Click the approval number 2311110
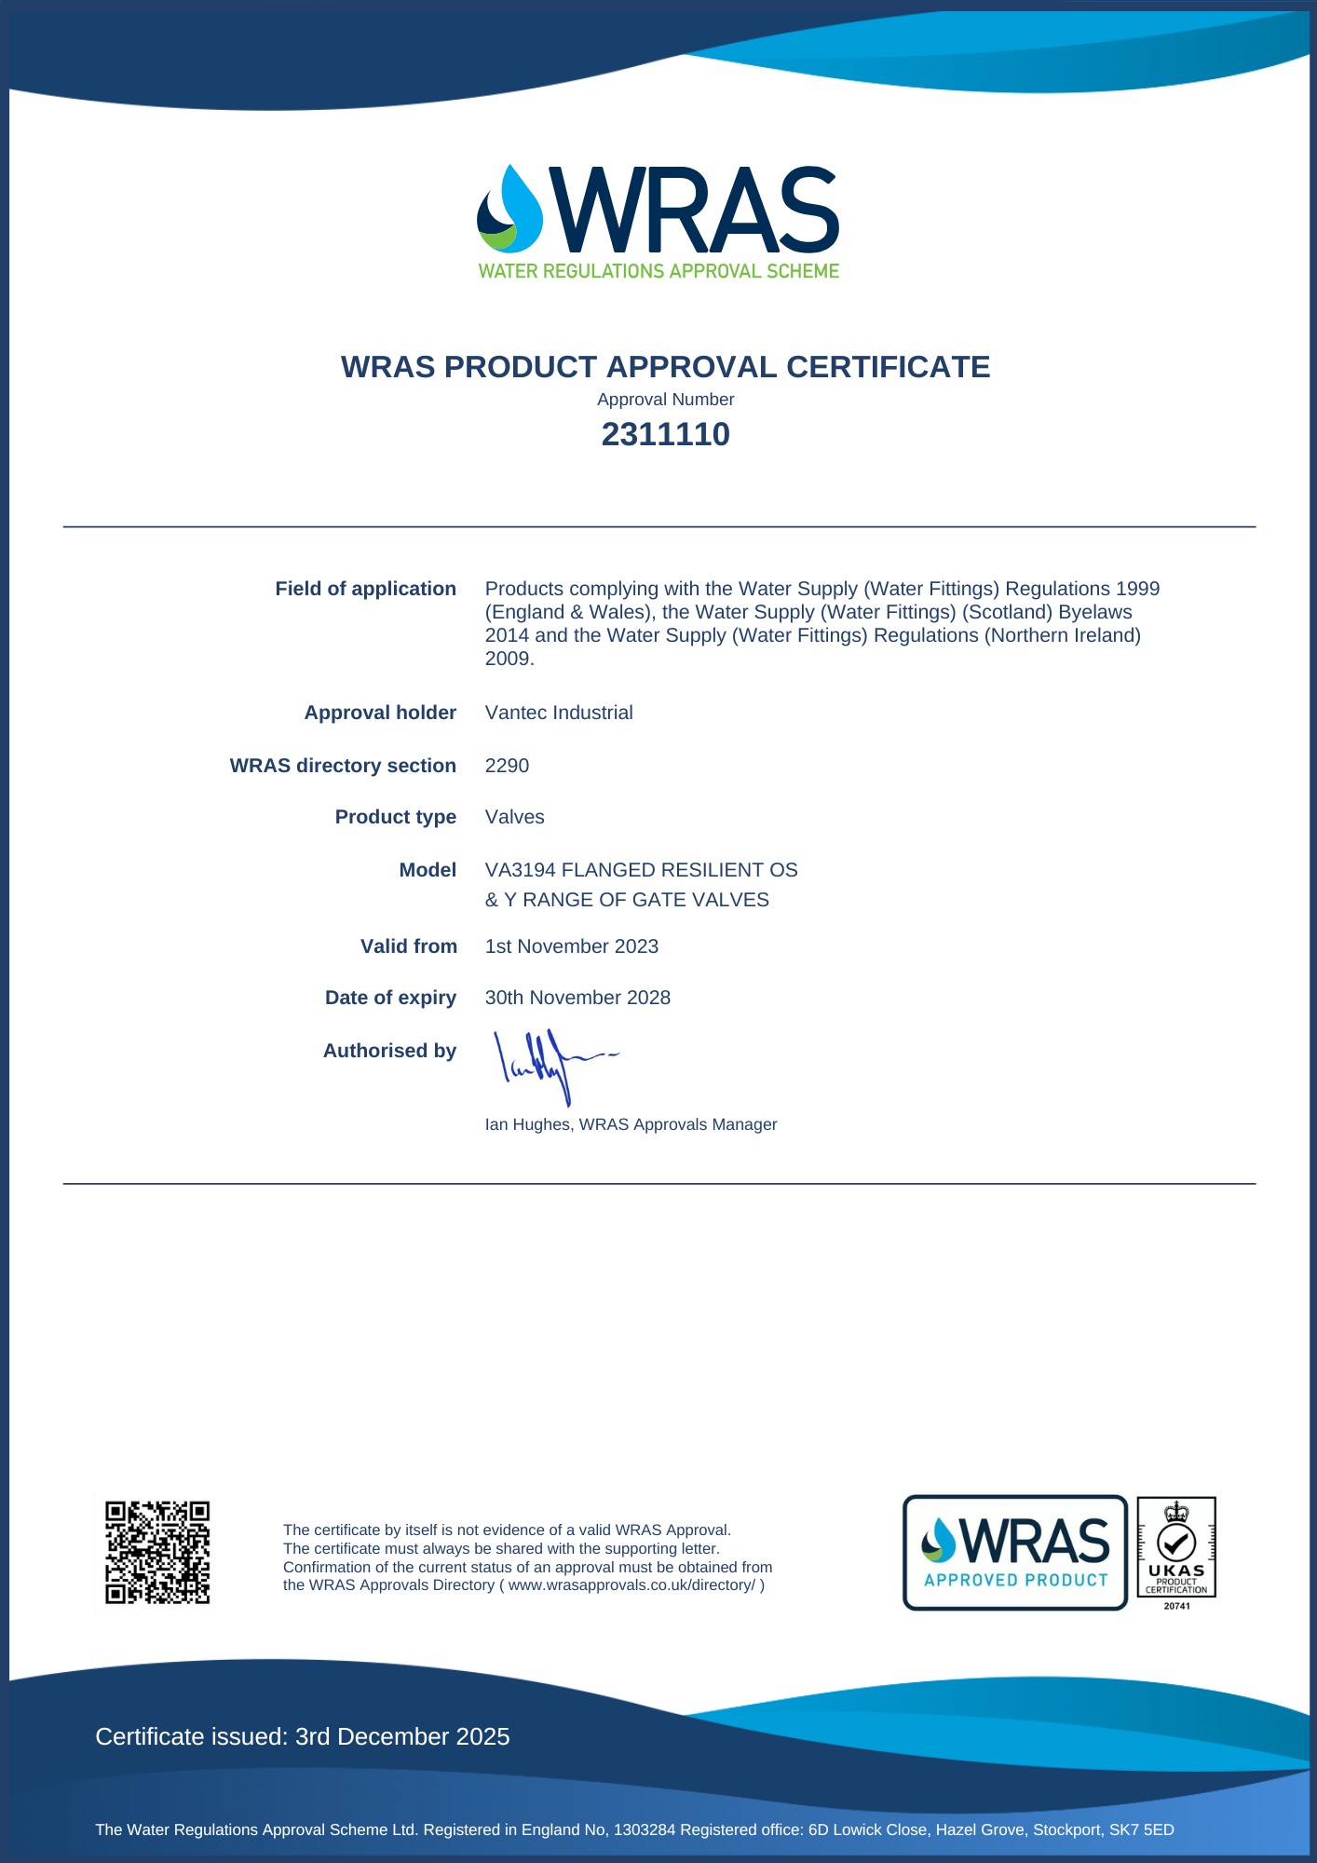665,434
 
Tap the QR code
156,1552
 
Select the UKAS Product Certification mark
1176,1552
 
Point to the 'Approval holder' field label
380,713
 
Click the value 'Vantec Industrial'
559,713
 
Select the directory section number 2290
507,766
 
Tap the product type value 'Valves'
514,817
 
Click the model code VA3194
520,870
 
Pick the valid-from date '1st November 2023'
571,946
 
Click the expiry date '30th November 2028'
577,998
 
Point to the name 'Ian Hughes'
526,1124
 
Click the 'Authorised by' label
389,1051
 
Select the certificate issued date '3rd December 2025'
402,1736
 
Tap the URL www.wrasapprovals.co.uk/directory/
631,1585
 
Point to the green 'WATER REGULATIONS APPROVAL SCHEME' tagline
658,271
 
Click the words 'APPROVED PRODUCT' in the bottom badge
1015,1580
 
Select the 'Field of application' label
365,589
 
